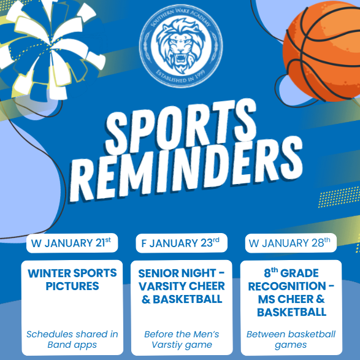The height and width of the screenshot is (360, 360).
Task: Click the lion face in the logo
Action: pos(181,46)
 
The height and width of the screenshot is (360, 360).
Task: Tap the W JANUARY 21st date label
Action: pos(72,243)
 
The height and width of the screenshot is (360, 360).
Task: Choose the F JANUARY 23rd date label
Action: pos(182,243)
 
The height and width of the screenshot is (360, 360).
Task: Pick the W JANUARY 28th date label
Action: pos(291,243)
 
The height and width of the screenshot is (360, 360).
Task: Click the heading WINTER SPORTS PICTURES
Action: pos(72,280)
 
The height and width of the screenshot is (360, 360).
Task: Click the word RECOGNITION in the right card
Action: pos(287,286)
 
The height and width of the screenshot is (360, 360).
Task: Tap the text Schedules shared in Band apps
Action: pos(72,339)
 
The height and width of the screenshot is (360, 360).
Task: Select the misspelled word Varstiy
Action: pos(167,345)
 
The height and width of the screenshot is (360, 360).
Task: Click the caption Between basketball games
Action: pos(291,339)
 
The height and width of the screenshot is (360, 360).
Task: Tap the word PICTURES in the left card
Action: pos(72,286)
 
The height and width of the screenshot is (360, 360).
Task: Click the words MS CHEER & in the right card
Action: pos(291,299)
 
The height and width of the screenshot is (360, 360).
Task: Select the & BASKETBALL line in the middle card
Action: pos(182,299)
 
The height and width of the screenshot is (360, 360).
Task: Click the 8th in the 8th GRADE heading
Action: pos(271,272)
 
